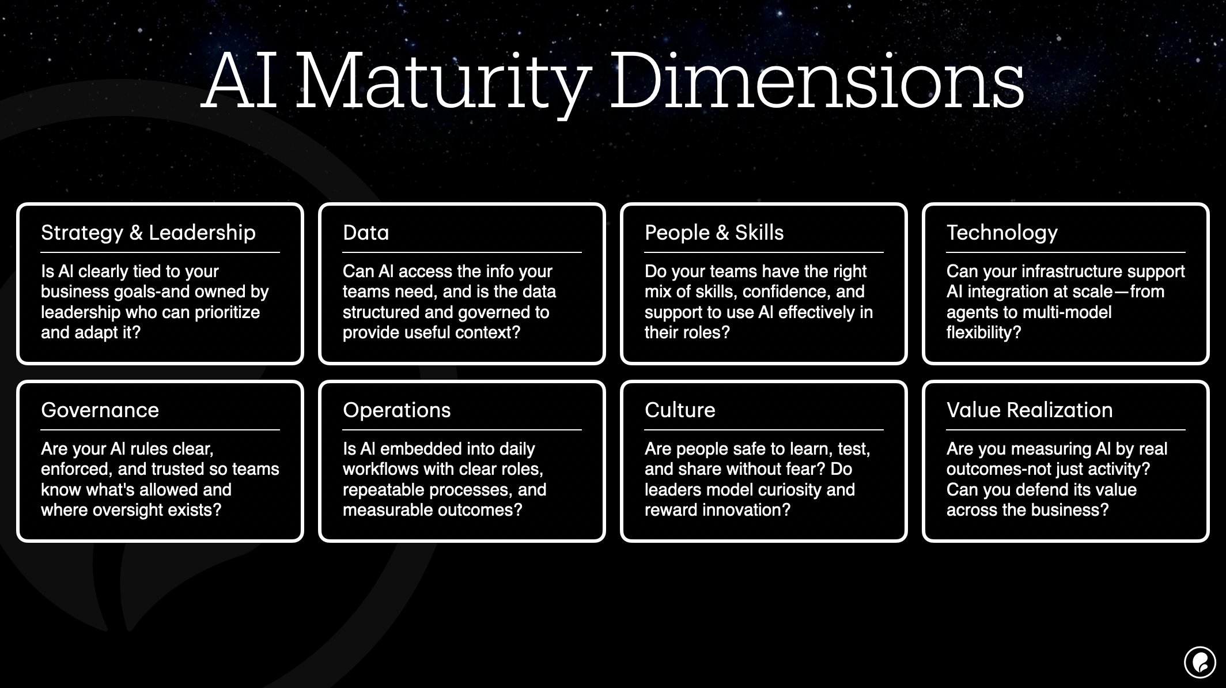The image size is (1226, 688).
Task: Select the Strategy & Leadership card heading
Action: pyautogui.click(x=148, y=233)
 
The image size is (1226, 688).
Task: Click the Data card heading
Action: pyautogui.click(x=366, y=233)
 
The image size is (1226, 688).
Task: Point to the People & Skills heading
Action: pyautogui.click(x=714, y=233)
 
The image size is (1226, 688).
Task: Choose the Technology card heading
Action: pyautogui.click(x=1002, y=233)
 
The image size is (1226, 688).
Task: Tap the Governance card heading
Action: pyautogui.click(x=100, y=410)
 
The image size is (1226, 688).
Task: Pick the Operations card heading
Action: pyautogui.click(x=396, y=410)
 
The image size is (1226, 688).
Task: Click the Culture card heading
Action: pyautogui.click(x=680, y=410)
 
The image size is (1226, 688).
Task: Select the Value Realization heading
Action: pyautogui.click(x=1030, y=410)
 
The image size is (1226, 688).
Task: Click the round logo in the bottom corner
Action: pyautogui.click(x=1199, y=662)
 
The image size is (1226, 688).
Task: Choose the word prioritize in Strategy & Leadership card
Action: pyautogui.click(x=227, y=312)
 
